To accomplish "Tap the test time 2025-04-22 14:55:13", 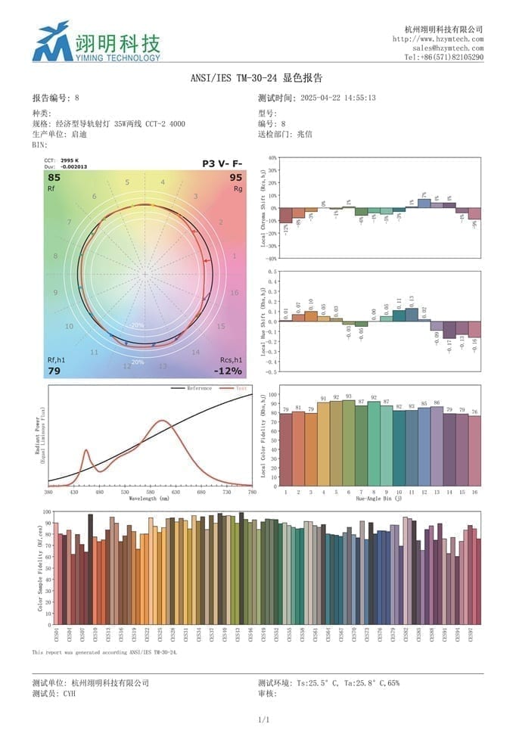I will tap(338, 98).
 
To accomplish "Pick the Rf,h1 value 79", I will tap(54, 371).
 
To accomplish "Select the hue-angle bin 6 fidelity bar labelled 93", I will tap(348, 443).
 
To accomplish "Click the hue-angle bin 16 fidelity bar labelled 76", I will tap(474, 450).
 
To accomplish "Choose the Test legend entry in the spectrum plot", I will tap(241, 388).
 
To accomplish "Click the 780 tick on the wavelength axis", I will tap(252, 493).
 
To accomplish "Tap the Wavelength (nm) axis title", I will tap(150, 499).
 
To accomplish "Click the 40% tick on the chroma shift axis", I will tap(272, 158).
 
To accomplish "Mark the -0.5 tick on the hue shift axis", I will tap(272, 371).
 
